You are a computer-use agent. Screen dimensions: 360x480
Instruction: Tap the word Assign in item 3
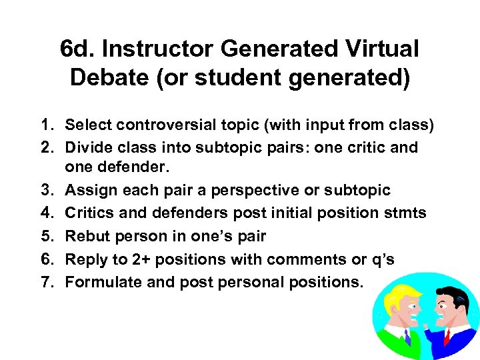click(89, 191)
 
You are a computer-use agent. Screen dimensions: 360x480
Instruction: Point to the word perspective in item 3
click(246, 191)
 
